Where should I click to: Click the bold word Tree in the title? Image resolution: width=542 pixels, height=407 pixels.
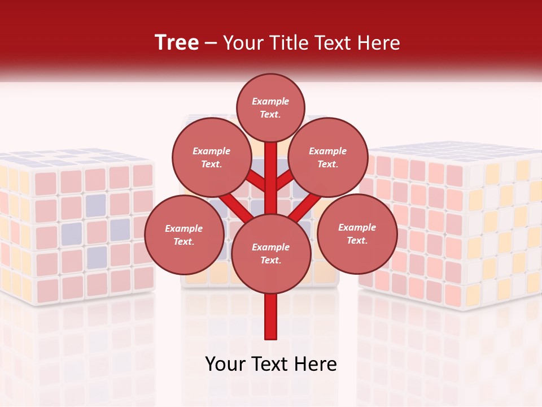pos(177,42)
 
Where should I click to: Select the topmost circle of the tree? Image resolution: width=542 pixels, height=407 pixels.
pos(270,107)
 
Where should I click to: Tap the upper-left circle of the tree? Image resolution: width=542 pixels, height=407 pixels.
pos(211,158)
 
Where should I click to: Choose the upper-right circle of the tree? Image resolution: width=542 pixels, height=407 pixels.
pos(328,158)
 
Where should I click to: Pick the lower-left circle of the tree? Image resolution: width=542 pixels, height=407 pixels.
pos(183,235)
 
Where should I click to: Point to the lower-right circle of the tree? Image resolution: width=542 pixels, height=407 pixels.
pos(357,234)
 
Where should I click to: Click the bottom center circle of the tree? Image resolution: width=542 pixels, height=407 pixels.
pos(270,254)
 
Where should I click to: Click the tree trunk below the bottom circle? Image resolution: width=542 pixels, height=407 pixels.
pos(270,317)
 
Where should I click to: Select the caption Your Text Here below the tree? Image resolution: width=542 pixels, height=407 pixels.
pos(270,365)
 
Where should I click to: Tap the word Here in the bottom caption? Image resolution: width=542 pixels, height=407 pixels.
pos(317,365)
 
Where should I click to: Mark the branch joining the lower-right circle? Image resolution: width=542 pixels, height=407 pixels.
pos(308,206)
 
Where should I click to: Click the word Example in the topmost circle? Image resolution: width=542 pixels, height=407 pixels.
pos(270,101)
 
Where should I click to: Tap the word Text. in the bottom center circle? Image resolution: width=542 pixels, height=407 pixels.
pos(270,261)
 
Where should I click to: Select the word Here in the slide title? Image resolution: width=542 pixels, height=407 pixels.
pos(381,42)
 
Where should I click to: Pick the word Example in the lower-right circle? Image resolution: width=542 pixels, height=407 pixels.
pos(357,227)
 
